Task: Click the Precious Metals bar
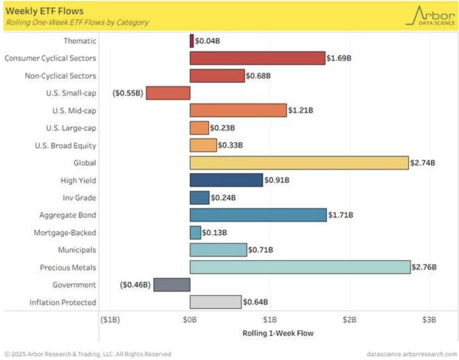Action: point(300,267)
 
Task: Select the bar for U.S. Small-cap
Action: point(168,93)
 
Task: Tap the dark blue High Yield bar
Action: point(226,180)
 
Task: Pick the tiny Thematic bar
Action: point(192,41)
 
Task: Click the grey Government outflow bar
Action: point(172,285)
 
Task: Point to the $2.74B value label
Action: point(423,163)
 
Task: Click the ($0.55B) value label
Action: point(128,93)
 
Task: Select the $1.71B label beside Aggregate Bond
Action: point(340,215)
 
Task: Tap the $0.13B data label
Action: point(214,233)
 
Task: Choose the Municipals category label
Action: point(77,250)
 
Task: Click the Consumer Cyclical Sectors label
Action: point(50,58)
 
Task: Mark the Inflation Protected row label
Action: point(63,303)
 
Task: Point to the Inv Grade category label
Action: point(79,198)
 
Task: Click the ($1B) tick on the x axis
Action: point(110,320)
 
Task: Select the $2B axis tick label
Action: point(349,320)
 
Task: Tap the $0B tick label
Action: point(190,320)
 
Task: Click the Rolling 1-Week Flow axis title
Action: point(278,333)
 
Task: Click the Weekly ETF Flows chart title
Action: point(45,11)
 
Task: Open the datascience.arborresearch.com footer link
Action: point(411,354)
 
